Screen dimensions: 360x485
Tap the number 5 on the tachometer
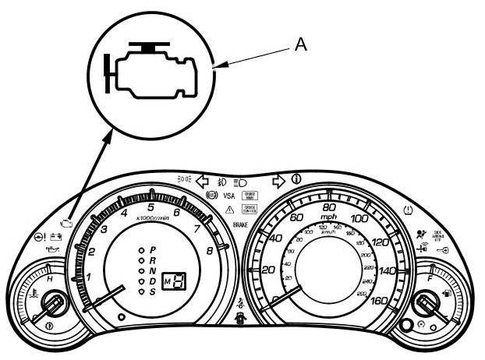point(150,208)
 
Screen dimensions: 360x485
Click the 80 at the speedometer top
point(329,209)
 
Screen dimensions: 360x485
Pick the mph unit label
point(329,221)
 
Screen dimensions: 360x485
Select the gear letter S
point(153,291)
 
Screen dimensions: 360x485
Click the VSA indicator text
point(229,195)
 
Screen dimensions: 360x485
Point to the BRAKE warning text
point(241,224)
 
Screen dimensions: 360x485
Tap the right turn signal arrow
point(278,182)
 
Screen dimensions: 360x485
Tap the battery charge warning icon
point(56,236)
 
